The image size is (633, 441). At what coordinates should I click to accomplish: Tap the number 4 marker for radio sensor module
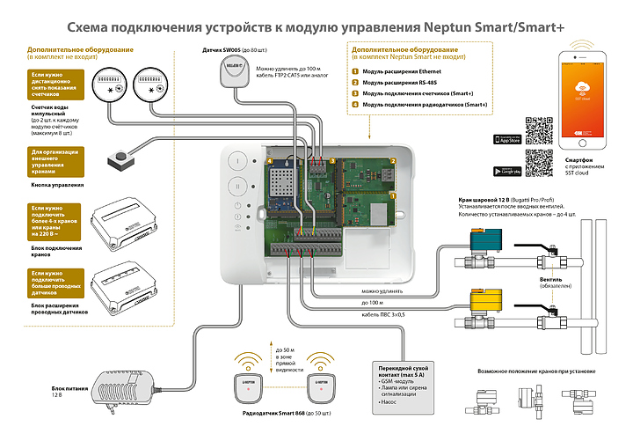[355, 105]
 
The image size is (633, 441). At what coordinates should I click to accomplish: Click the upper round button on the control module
[237, 161]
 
